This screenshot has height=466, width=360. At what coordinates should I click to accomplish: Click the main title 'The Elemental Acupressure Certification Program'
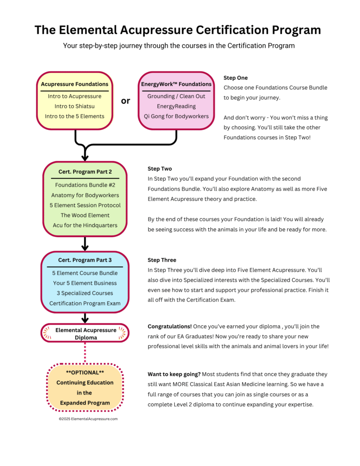point(177,30)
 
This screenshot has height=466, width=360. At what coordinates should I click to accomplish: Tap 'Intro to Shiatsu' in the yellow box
point(74,106)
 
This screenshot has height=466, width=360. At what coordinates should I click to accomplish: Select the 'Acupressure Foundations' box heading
point(75,84)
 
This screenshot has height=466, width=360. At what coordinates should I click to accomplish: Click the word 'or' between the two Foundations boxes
point(126,101)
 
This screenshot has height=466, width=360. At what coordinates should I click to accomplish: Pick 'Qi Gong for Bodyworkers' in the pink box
point(176,116)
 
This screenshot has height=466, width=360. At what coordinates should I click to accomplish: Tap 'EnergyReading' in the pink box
point(176,106)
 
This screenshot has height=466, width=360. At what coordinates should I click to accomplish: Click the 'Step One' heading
point(236,78)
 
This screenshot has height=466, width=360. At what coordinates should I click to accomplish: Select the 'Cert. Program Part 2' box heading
point(85,172)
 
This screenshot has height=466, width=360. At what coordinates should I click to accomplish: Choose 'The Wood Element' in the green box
point(85,215)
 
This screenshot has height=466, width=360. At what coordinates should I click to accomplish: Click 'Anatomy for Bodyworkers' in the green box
point(85,195)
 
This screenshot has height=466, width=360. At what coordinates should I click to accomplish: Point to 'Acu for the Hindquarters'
point(85,225)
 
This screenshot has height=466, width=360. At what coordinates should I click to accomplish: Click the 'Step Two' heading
point(160,168)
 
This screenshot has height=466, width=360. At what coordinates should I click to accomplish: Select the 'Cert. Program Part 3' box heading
point(85,260)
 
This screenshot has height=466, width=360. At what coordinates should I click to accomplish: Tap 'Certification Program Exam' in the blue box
point(85,303)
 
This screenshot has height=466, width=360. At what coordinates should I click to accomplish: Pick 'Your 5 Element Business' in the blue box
point(85,283)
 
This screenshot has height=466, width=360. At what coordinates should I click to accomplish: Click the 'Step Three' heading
point(162,260)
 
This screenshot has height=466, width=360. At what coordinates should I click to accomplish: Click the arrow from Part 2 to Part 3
point(85,244)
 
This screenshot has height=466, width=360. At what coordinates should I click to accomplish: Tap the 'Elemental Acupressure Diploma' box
point(85,333)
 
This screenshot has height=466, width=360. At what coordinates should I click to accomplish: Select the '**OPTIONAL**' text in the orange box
point(85,372)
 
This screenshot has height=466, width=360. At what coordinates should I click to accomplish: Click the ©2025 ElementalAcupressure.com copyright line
point(88,419)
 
